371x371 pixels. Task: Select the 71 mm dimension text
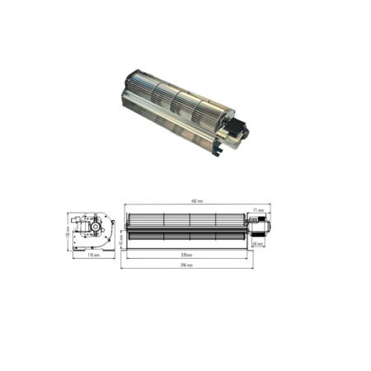pyautogui.click(x=257, y=210)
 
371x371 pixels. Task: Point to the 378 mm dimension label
pyautogui.click(x=188, y=255)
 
